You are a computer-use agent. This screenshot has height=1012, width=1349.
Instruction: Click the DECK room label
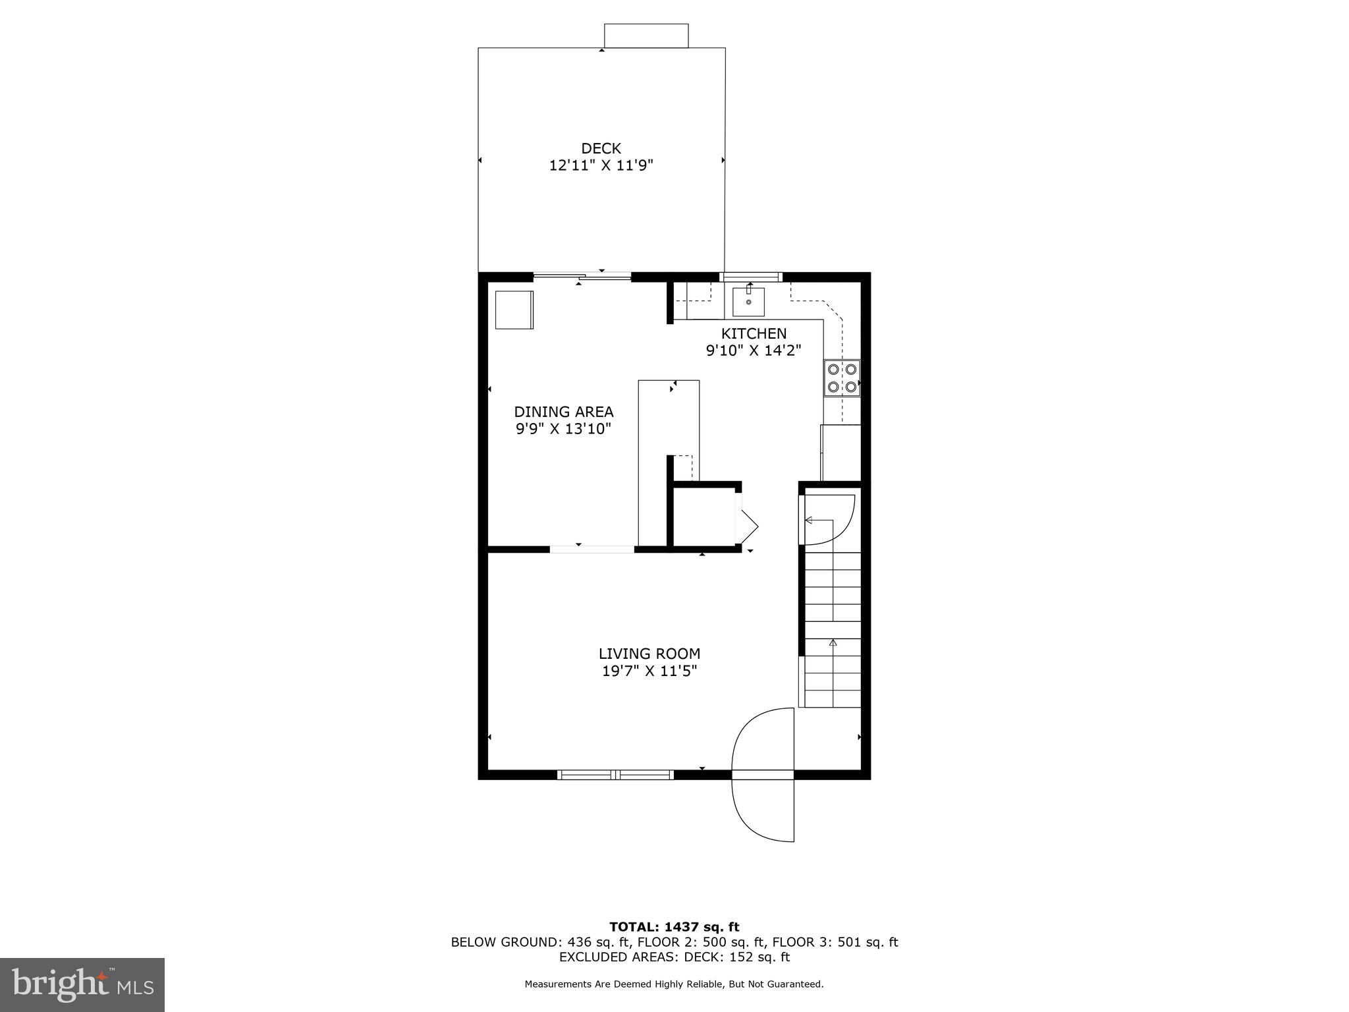(x=601, y=148)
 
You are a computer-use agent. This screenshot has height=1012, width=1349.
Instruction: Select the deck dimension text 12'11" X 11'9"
(x=601, y=165)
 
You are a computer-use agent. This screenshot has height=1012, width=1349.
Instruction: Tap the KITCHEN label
(x=754, y=333)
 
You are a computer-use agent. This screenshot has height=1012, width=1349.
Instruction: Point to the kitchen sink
(x=748, y=302)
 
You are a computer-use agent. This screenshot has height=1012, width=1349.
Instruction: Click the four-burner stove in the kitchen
(x=842, y=378)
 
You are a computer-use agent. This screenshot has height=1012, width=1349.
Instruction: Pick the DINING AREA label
(x=564, y=412)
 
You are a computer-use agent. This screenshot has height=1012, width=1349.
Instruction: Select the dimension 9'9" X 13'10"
(x=564, y=429)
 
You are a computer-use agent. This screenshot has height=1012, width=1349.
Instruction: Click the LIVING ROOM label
(x=649, y=654)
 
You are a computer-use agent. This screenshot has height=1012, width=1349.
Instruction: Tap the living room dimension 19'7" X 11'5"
(x=649, y=671)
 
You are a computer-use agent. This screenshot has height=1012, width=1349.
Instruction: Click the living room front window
(x=615, y=775)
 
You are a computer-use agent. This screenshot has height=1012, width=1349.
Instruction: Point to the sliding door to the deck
(x=582, y=277)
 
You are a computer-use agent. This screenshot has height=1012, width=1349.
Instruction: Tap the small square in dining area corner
(x=514, y=310)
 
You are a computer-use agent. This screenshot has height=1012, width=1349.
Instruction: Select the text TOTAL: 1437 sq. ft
(x=674, y=927)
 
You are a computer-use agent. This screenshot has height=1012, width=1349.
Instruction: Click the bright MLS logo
(x=82, y=984)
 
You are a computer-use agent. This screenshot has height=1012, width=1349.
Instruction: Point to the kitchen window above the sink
(x=751, y=277)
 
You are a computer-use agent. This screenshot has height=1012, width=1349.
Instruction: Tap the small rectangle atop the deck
(x=646, y=36)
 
